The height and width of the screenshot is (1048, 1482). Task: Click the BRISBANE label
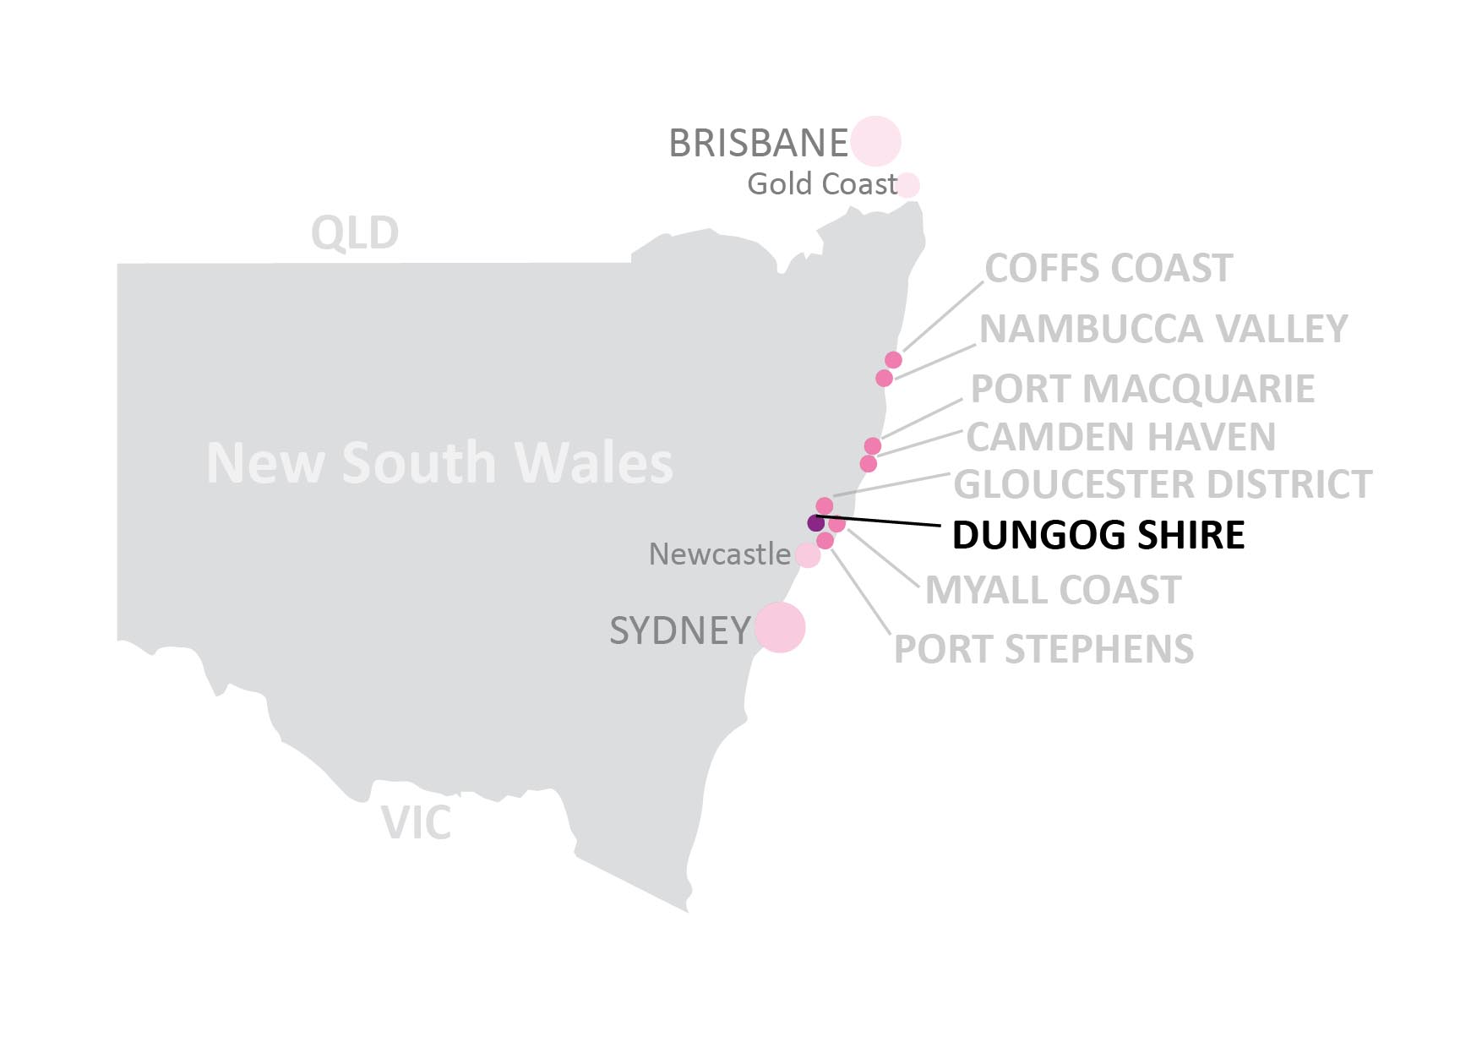(758, 143)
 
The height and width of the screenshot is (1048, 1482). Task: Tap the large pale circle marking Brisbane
(875, 141)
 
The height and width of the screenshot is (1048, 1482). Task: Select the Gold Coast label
(821, 184)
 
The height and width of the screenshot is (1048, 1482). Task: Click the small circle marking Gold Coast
(907, 185)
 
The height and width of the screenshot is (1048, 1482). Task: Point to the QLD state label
(355, 233)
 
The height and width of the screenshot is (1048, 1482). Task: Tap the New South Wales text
(439, 463)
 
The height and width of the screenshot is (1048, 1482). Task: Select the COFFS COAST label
(1109, 269)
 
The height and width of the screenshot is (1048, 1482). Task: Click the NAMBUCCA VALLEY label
(1163, 329)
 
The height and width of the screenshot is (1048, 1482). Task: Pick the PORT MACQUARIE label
(1142, 390)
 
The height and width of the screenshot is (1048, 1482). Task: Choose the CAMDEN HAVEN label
(1120, 437)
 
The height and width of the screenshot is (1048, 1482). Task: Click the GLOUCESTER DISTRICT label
(1163, 484)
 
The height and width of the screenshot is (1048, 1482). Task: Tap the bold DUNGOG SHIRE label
(1098, 535)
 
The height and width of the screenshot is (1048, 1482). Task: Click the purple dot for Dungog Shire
(816, 522)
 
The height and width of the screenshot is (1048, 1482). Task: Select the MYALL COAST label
(1053, 590)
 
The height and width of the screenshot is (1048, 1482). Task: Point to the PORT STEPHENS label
(1043, 649)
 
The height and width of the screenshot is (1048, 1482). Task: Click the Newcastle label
(719, 554)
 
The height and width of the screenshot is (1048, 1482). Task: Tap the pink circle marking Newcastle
(808, 555)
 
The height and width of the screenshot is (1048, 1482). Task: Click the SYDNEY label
(680, 630)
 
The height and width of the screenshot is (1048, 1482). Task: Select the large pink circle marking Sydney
(780, 628)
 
